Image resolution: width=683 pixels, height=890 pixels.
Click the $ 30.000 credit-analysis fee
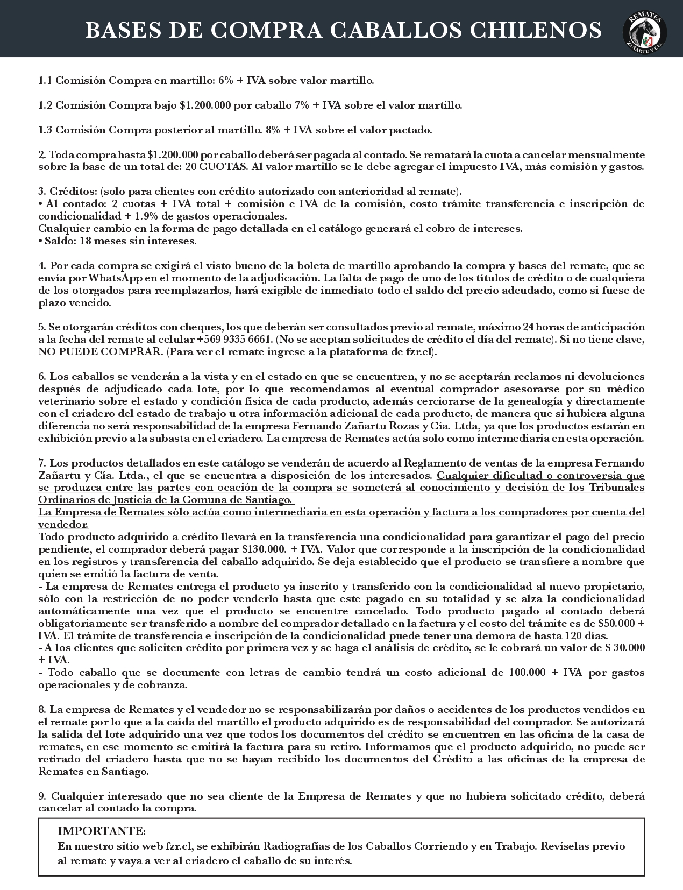pyautogui.click(x=625, y=648)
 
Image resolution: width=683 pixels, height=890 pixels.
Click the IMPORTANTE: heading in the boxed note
pyautogui.click(x=102, y=831)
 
